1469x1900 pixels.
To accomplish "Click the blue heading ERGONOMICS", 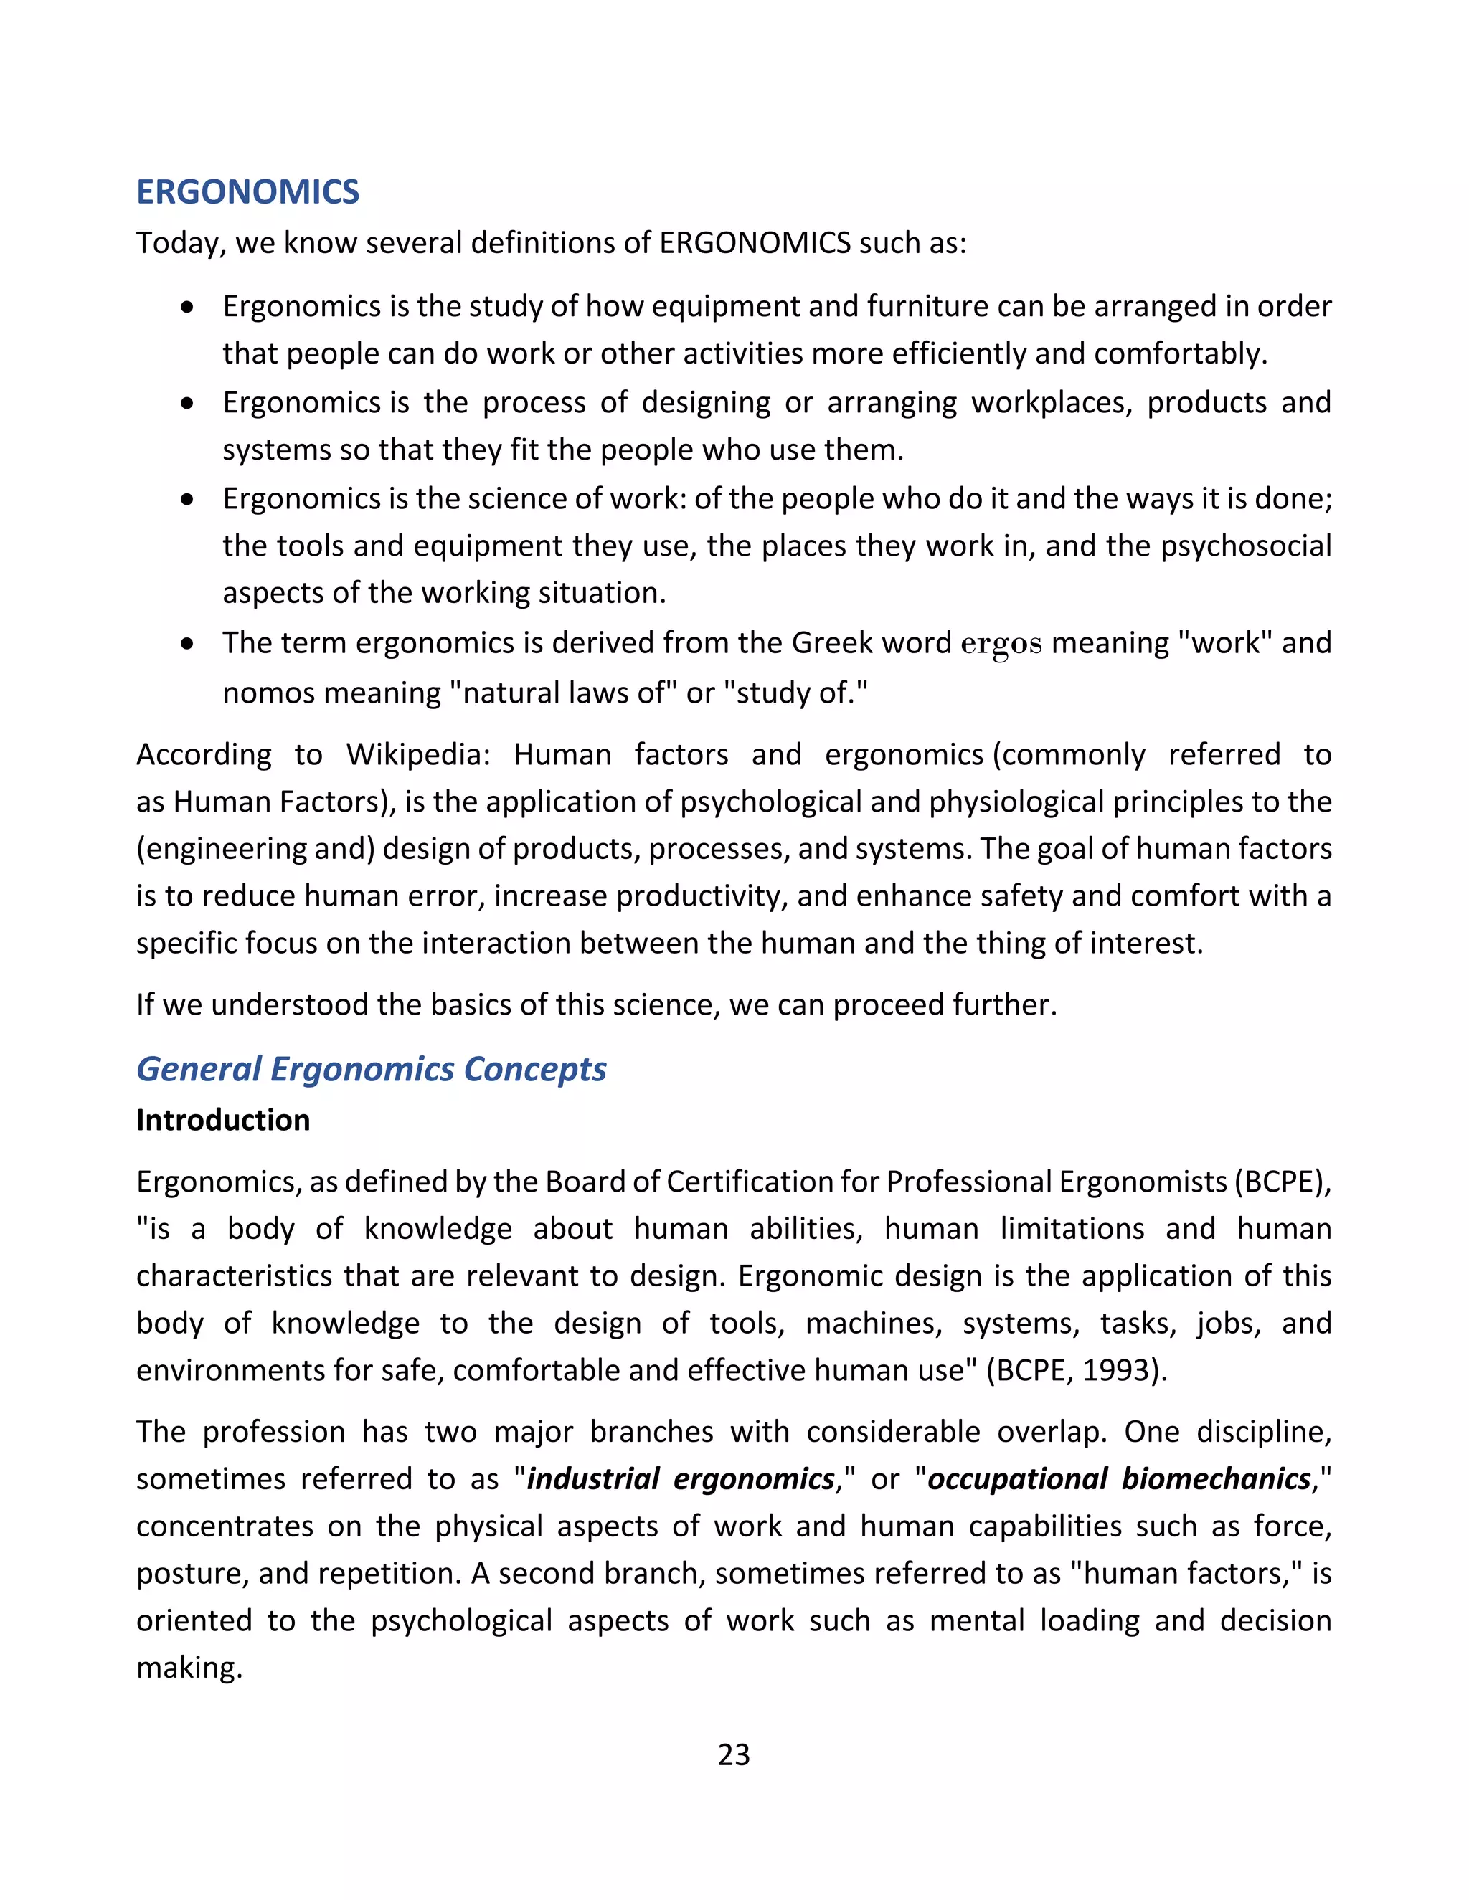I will pos(247,192).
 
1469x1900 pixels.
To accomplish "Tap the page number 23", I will pos(734,1754).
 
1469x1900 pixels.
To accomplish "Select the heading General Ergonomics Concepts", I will pos(371,1069).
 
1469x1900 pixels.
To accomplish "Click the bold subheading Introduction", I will pos(223,1121).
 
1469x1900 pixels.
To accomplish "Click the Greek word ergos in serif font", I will pos(1001,644).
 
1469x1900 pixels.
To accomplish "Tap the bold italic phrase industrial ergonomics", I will pos(681,1479).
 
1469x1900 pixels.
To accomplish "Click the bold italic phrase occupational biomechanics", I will pos(1119,1479).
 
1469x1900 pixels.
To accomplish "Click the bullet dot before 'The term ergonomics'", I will pos(187,644).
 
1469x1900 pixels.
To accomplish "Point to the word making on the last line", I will pos(188,1668).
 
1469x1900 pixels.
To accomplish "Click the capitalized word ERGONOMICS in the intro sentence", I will pos(755,243).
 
